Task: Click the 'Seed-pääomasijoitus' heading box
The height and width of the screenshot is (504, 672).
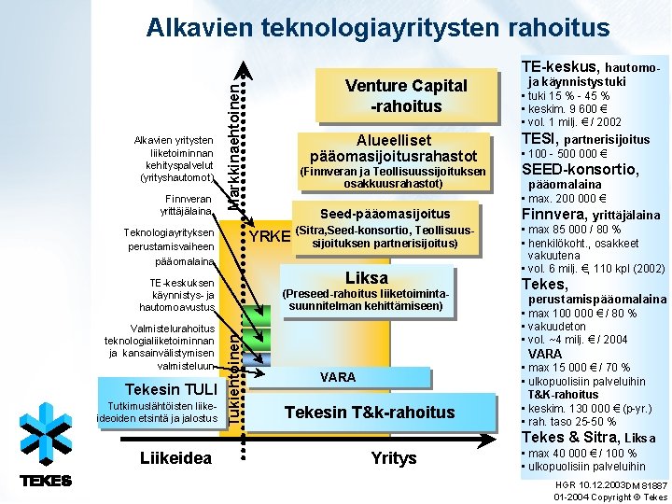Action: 385,214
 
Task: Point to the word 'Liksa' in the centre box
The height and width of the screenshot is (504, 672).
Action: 366,278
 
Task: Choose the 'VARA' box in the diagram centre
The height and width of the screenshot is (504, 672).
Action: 337,377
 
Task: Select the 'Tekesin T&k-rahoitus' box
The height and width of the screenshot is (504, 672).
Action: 369,413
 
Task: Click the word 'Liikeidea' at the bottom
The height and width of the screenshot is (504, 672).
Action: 175,458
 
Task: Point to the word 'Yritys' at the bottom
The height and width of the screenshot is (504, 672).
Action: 394,458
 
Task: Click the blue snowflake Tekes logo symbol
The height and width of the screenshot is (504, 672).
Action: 45,432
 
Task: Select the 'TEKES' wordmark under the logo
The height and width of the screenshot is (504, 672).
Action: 45,481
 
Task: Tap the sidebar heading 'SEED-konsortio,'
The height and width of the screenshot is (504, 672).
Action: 580,170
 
